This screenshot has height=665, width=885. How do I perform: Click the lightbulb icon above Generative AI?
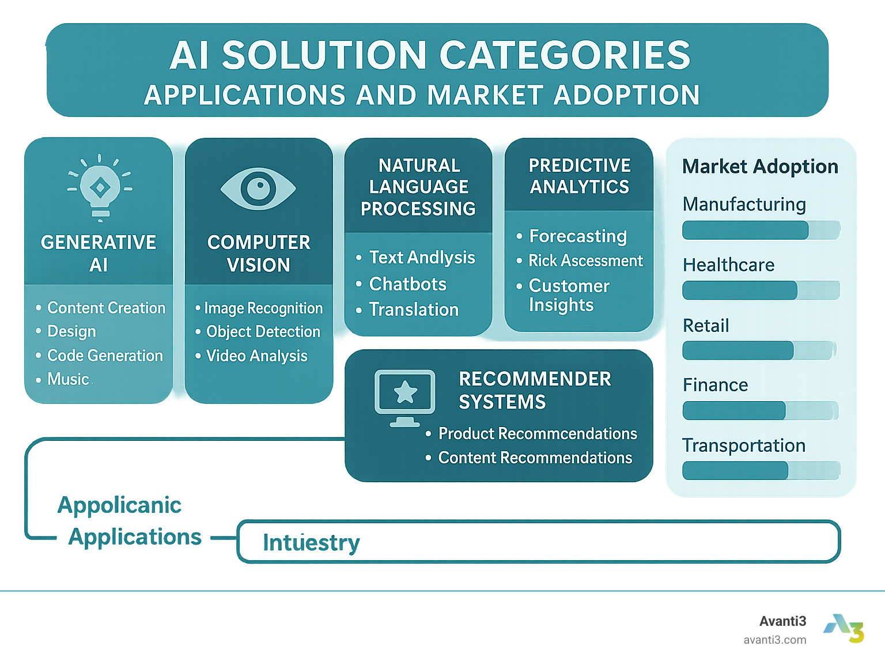click(x=100, y=187)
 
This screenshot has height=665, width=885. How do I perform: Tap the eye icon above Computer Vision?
click(x=258, y=188)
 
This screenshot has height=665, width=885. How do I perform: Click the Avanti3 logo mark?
click(x=844, y=628)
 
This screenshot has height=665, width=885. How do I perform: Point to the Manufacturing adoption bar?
click(x=761, y=231)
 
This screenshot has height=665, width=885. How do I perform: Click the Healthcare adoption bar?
click(x=761, y=290)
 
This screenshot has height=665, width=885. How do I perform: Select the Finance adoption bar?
click(x=760, y=410)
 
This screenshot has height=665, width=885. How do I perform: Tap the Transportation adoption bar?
click(x=761, y=470)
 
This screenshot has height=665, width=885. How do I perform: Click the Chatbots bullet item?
click(x=407, y=284)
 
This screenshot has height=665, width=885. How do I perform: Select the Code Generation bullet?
click(x=105, y=356)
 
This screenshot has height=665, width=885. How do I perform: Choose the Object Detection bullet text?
click(x=263, y=332)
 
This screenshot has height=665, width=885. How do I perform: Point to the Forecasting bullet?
click(x=577, y=236)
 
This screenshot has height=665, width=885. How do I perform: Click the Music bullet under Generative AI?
click(x=68, y=379)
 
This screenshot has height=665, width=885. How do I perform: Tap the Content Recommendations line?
click(x=535, y=458)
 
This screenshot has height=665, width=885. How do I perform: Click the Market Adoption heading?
click(x=760, y=167)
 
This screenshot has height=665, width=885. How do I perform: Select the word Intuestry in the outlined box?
click(x=311, y=542)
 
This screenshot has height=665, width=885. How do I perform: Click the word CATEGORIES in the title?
click(x=565, y=55)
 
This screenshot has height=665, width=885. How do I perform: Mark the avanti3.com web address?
click(x=774, y=640)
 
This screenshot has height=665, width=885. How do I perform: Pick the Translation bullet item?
click(x=414, y=309)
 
